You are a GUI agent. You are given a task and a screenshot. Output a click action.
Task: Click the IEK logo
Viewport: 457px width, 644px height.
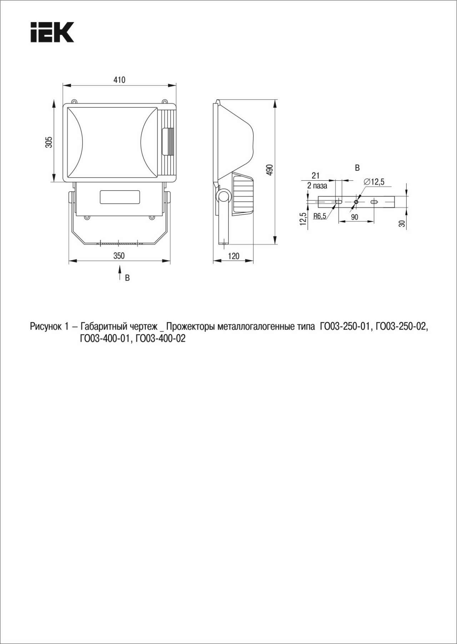tap(52, 32)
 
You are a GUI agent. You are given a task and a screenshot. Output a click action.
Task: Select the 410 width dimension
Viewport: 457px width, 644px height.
tap(119, 80)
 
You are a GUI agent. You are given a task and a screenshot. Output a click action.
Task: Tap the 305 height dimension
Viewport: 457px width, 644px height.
tap(49, 142)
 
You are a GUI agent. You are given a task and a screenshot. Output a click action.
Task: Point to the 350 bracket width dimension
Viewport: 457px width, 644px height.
tap(119, 256)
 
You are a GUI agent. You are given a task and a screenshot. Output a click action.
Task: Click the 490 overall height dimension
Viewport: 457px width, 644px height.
tap(270, 170)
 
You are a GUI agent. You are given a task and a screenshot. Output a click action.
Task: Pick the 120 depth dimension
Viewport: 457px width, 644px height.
tap(233, 256)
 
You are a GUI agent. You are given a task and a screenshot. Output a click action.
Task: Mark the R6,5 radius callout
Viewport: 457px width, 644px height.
tap(320, 216)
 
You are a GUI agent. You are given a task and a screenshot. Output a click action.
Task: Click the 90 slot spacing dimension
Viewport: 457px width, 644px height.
tap(355, 217)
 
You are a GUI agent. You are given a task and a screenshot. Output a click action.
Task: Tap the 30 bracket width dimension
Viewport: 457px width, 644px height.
tap(402, 223)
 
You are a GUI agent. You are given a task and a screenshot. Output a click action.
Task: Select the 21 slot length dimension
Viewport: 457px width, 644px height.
tap(316, 175)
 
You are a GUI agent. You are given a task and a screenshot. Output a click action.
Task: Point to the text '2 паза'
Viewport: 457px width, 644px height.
tap(317, 186)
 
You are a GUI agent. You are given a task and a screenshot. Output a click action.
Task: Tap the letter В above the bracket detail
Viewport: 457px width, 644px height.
tap(357, 168)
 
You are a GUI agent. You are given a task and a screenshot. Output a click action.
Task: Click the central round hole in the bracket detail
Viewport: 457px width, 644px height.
tap(356, 202)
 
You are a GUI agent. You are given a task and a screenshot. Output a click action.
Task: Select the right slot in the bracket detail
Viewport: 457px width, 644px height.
tap(374, 202)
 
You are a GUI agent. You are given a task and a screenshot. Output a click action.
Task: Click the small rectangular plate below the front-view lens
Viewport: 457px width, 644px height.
tap(120, 197)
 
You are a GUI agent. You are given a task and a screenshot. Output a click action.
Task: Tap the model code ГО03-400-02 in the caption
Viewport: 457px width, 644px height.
tap(161, 338)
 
